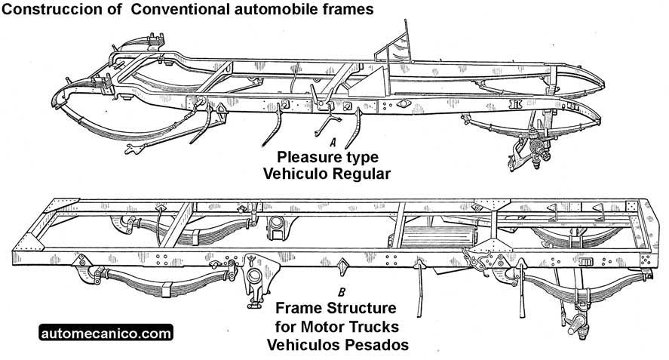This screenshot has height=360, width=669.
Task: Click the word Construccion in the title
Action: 48,11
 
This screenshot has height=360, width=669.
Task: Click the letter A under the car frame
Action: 332,141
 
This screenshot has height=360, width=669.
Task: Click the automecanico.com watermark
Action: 106,332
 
